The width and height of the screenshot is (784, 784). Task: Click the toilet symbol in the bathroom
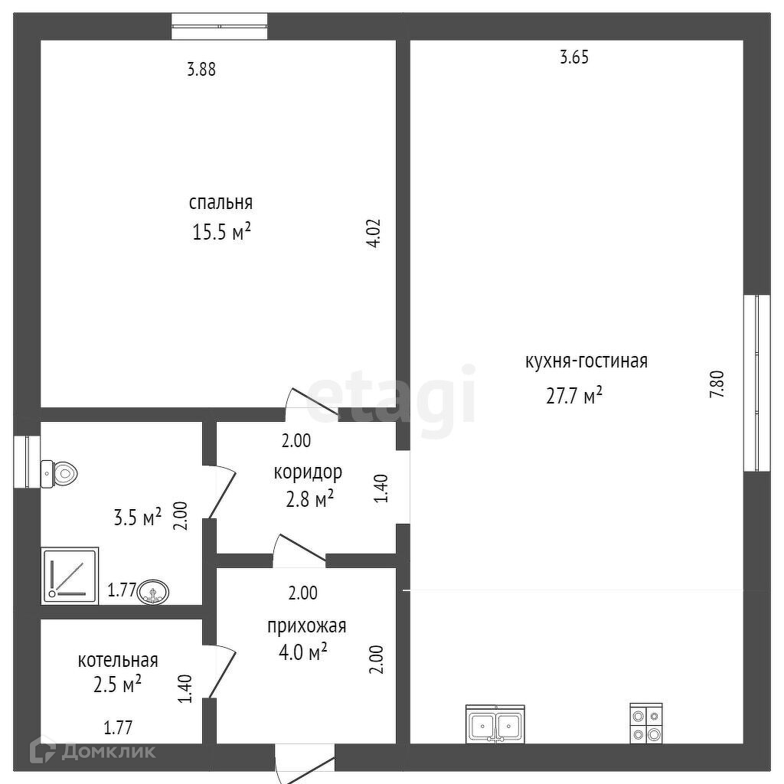59,473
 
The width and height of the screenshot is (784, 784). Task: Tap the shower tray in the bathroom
70,576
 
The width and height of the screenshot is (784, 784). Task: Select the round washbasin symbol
153,593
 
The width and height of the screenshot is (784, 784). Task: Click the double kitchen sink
495,724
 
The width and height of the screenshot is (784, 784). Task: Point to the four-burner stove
646,723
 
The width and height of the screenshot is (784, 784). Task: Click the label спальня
220,203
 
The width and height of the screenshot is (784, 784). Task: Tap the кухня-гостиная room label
586,361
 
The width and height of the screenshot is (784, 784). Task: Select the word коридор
308,472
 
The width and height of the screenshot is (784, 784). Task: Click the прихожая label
306,626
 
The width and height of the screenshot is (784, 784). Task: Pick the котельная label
118,661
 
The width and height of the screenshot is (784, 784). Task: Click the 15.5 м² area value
221,232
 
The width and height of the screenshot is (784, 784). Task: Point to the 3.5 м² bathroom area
138,518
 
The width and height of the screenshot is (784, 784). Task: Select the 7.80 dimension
717,384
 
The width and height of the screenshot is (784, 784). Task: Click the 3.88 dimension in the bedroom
201,69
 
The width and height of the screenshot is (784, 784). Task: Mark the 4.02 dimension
374,234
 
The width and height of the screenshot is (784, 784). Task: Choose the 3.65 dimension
574,57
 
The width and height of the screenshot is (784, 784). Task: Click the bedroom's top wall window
220,27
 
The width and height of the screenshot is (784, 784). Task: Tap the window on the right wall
757,383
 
